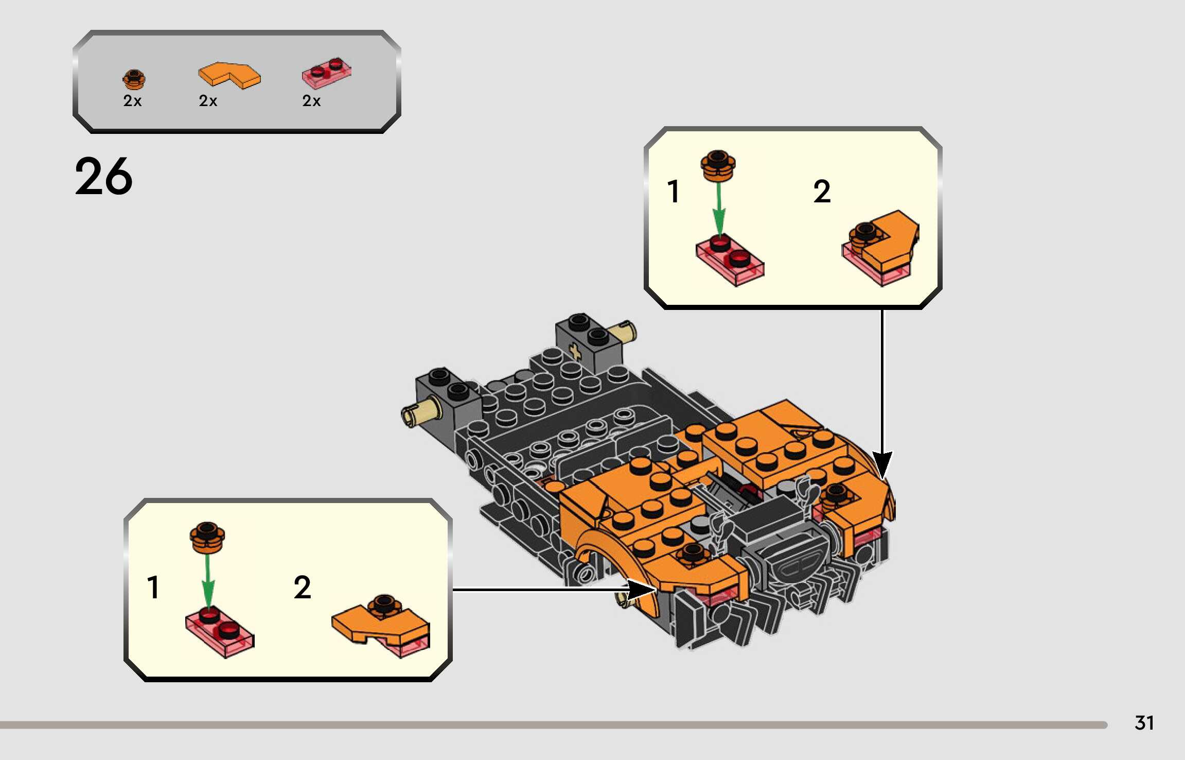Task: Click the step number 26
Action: pos(103,177)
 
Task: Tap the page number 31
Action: pos(1144,723)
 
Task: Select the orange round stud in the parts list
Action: pos(134,79)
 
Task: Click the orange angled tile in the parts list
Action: pos(229,75)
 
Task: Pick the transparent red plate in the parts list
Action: pos(327,73)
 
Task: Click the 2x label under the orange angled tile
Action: pos(208,101)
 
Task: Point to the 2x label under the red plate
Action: pos(311,101)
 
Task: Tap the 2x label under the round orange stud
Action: pos(132,101)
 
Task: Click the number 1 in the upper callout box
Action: pos(673,192)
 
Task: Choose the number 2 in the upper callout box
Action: pos(822,192)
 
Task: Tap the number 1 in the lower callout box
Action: pos(153,588)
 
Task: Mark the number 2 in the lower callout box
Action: pos(302,588)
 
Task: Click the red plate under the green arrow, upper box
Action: pos(730,260)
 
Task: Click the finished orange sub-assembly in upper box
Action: pos(881,247)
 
